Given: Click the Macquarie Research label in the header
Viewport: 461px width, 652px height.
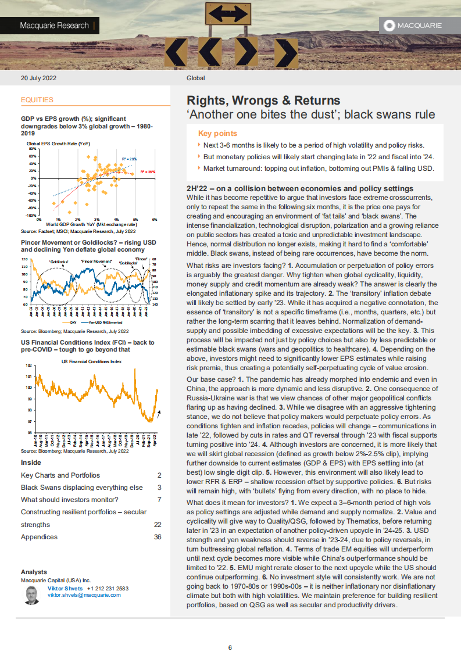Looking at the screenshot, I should tap(54, 26).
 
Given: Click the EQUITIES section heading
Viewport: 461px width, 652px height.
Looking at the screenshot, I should tap(37, 100).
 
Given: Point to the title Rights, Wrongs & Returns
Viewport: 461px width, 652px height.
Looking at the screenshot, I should tap(263, 101).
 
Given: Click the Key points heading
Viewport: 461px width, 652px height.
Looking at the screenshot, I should tap(217, 133).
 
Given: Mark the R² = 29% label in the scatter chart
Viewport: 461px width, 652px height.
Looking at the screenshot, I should tap(129, 159).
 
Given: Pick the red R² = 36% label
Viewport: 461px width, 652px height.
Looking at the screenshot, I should tap(148, 173).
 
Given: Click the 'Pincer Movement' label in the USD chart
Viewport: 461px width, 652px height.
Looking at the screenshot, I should tap(97, 261).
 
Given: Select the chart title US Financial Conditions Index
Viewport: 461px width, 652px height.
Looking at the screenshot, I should tap(92, 361).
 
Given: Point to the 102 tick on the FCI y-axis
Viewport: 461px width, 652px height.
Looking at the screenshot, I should tap(28, 366).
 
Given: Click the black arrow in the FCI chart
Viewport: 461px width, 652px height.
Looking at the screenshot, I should tap(159, 413).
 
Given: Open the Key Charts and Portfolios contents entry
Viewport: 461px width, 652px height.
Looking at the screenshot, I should tap(60, 475).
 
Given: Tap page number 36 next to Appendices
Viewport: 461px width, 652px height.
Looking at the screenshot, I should tap(157, 537).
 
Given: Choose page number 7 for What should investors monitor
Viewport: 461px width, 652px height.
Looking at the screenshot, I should tap(159, 500).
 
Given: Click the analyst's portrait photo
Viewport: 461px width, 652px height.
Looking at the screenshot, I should tap(33, 596).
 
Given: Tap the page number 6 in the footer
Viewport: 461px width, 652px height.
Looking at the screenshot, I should tap(230, 631).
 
